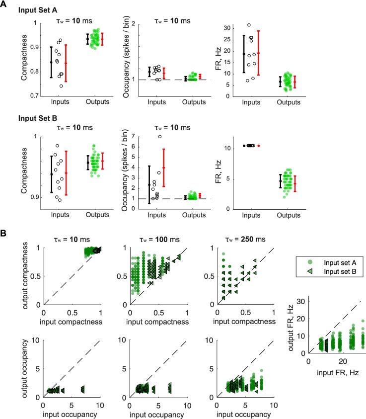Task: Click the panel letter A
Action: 4,4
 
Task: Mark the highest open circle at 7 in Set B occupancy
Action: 160,137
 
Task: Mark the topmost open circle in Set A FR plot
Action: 249,25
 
